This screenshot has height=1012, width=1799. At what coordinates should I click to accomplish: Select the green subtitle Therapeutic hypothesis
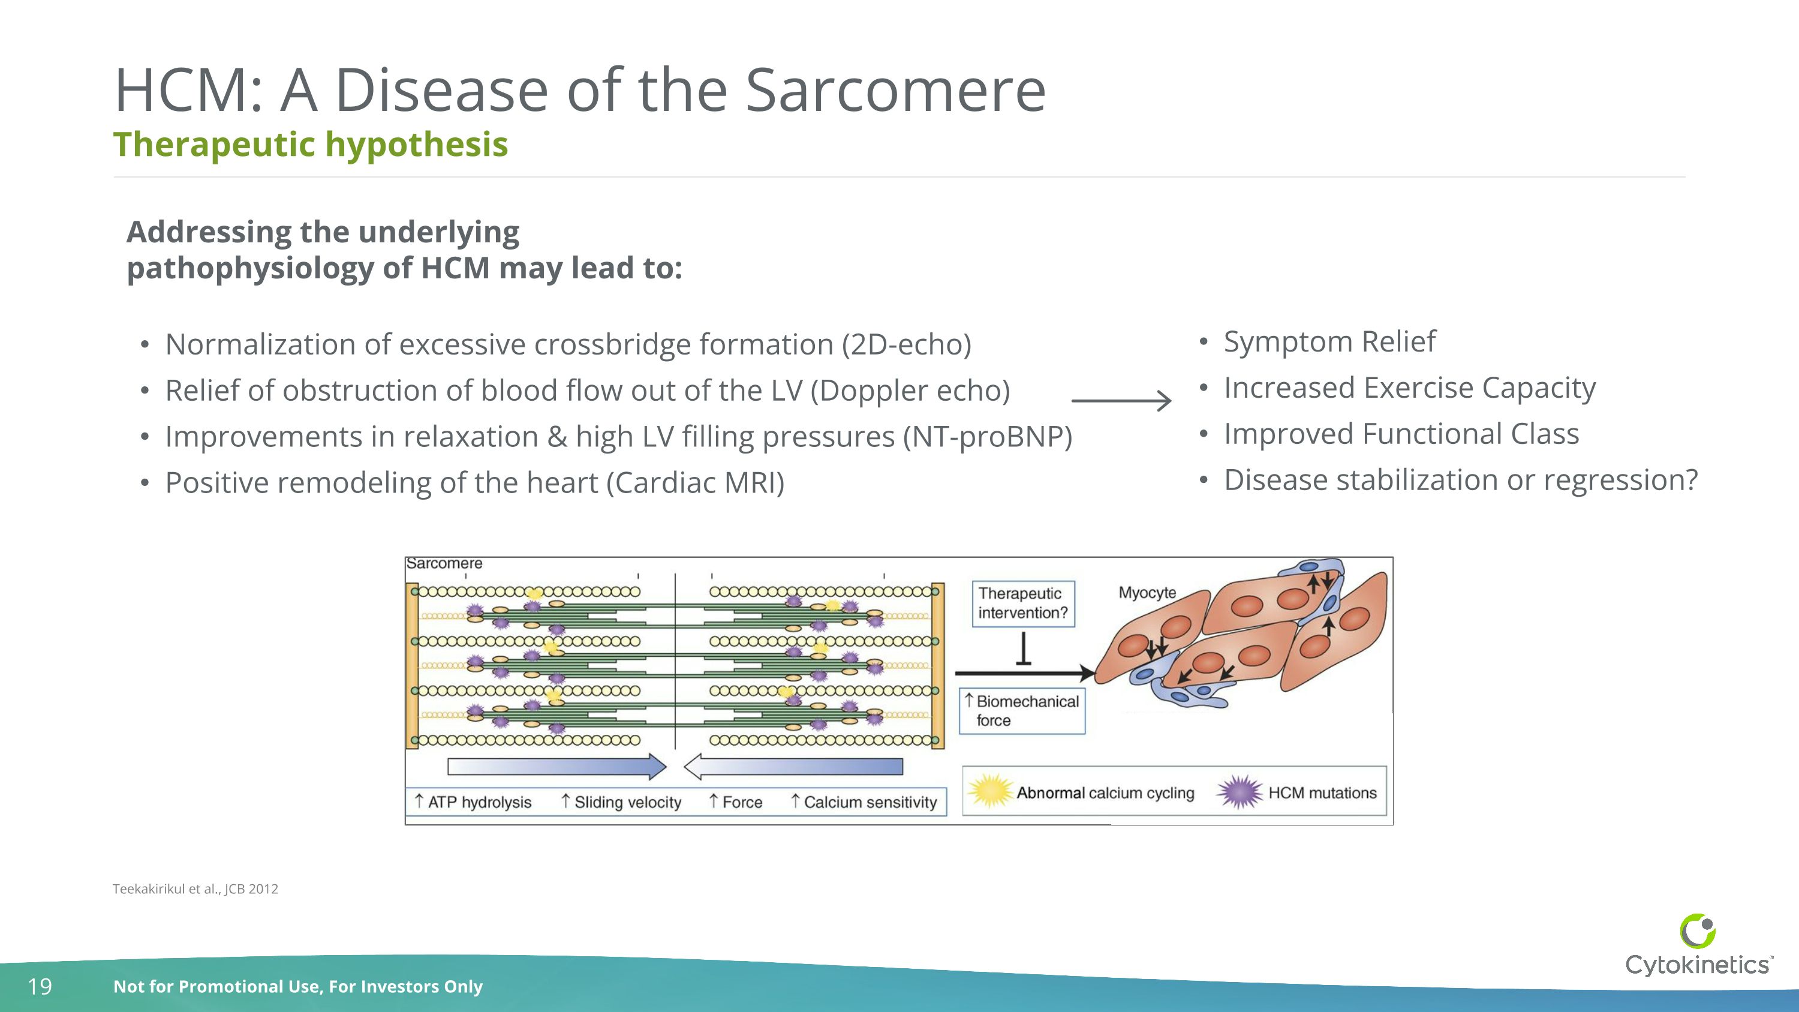310,145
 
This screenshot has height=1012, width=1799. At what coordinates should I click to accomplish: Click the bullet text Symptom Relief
1329,341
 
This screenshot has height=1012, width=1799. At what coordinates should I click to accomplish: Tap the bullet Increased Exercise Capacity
1409,388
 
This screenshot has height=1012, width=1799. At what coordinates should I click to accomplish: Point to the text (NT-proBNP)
987,437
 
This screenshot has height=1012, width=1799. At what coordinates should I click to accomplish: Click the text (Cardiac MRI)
695,482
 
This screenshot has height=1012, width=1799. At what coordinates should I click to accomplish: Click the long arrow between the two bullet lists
1121,400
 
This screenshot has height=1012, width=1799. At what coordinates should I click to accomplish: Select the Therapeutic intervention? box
1022,603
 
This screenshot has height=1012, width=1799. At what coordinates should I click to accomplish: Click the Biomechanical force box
1022,710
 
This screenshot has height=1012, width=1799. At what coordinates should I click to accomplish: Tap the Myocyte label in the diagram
1147,592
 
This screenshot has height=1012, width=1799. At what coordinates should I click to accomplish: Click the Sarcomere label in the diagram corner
444,563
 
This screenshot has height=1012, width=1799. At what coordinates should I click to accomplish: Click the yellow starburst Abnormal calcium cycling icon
989,791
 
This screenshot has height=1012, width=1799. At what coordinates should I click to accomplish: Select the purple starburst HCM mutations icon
1239,791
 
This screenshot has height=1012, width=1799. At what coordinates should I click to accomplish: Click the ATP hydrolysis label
479,802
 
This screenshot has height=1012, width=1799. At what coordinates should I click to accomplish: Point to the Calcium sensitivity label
870,802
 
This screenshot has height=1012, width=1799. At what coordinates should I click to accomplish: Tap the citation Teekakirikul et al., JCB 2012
195,888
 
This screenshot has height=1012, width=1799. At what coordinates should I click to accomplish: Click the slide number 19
40,986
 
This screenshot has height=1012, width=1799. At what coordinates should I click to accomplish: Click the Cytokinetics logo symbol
1698,931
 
